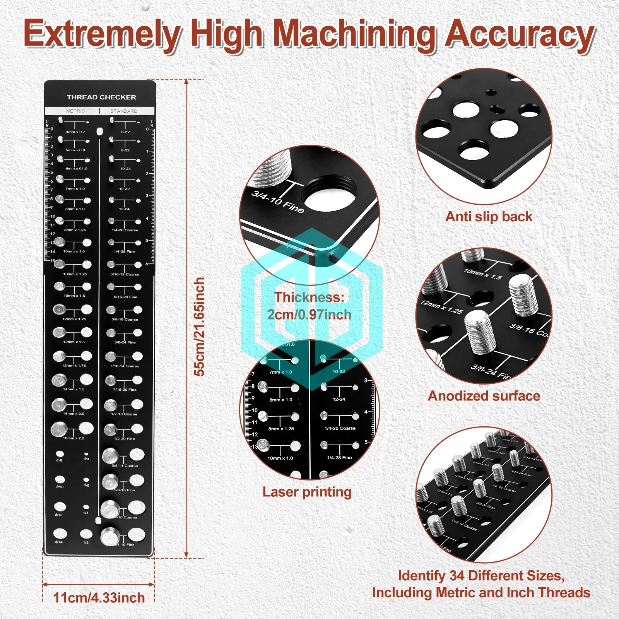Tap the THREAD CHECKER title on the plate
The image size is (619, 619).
101,97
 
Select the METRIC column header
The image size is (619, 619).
75,111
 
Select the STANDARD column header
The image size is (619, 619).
124,111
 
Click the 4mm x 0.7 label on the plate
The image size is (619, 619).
75,132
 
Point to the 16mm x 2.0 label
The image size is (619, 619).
74,438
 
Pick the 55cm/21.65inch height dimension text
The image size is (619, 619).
199,327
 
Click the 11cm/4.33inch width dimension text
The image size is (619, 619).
99,598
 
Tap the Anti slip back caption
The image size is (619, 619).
489,216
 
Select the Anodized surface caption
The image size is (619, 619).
484,396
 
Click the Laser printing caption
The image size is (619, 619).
307,492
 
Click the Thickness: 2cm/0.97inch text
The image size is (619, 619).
309,306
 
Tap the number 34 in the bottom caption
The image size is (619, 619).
457,576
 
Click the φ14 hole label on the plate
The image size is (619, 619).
59,542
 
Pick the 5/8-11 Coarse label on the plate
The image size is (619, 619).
125,466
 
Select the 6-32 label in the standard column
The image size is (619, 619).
125,132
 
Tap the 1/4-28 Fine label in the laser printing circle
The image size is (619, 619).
339,458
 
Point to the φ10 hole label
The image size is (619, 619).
60,487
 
